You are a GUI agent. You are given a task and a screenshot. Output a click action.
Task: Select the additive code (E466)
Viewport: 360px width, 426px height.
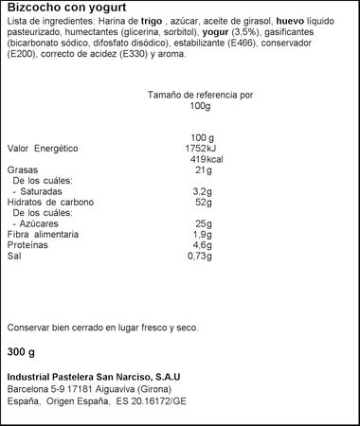point(266,44)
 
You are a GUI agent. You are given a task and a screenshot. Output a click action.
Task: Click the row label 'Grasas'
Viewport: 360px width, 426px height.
point(23,170)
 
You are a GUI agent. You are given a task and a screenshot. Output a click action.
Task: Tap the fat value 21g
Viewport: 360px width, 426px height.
point(200,170)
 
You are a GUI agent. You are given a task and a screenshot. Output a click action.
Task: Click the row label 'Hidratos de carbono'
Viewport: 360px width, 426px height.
point(50,202)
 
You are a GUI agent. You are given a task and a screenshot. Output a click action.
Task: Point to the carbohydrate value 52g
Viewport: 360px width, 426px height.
point(201,202)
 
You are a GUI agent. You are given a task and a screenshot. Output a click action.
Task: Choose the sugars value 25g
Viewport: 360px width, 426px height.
point(201,223)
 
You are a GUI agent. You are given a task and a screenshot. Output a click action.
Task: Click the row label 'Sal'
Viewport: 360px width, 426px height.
point(14,256)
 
